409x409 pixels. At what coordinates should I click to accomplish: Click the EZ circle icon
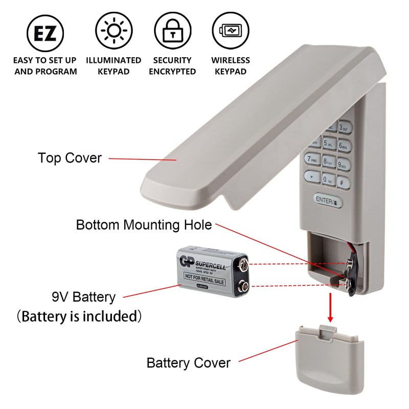click(45, 32)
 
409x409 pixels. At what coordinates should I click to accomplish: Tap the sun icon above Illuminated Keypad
click(113, 32)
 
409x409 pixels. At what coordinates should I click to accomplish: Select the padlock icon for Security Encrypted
click(172, 32)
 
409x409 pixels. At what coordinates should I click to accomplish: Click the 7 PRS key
click(312, 160)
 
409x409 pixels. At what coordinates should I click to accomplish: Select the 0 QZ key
click(328, 179)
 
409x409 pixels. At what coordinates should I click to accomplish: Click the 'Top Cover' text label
click(70, 158)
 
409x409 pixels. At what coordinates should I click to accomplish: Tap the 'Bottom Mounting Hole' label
click(144, 224)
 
